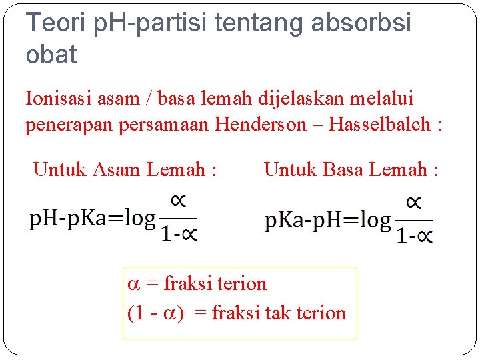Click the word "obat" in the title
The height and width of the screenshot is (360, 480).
point(51,55)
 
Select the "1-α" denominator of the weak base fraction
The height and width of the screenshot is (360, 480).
point(414,235)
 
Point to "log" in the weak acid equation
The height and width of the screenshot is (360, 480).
point(141,218)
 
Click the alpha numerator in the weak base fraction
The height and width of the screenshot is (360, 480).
point(414,203)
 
